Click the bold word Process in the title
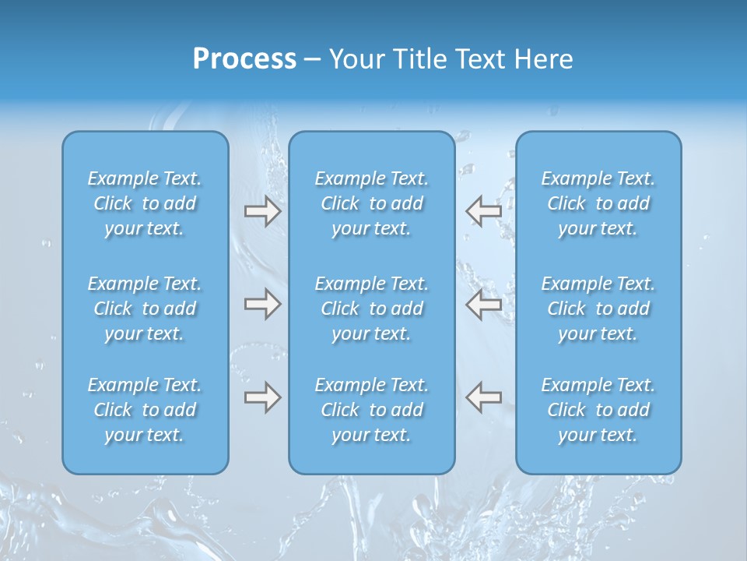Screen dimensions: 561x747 click(244, 59)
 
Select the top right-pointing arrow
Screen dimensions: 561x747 click(262, 211)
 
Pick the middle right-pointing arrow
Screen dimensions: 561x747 click(262, 304)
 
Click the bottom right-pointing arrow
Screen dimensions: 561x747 click(262, 397)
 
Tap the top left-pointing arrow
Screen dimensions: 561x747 click(483, 211)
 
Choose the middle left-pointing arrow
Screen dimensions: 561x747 click(483, 304)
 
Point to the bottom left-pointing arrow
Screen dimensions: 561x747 click(483, 397)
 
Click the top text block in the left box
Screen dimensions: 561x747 click(145, 203)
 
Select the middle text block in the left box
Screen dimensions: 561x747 click(145, 309)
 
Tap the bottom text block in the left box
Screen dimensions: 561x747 click(145, 410)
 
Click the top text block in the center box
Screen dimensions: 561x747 click(372, 203)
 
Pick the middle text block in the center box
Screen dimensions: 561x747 click(372, 309)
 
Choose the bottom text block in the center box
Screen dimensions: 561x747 click(372, 410)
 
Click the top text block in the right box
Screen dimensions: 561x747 click(598, 203)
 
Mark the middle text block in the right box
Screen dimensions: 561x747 click(598, 309)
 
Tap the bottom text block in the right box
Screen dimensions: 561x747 click(598, 410)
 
